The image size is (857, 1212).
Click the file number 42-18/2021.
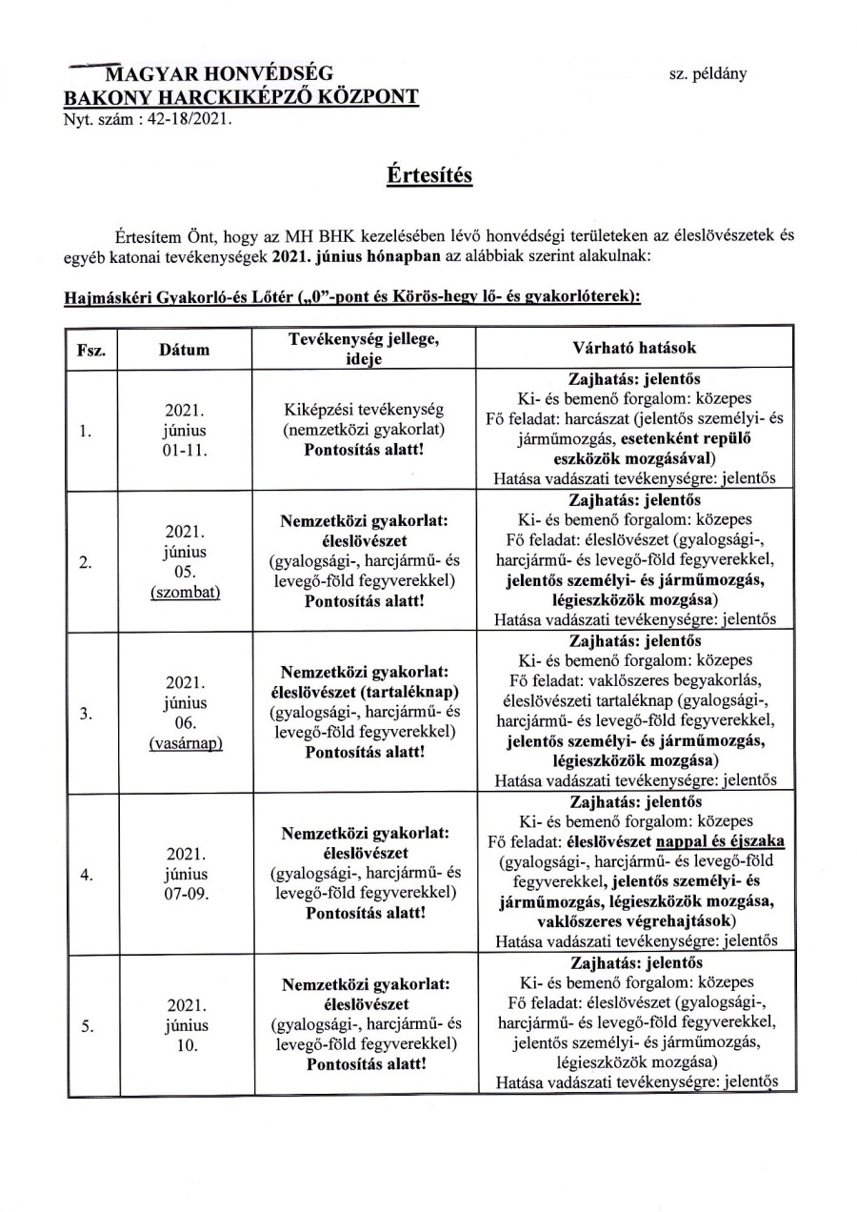[x=184, y=120]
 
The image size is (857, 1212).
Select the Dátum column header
[x=186, y=350]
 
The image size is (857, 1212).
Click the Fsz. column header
[x=90, y=350]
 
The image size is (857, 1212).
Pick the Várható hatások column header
[x=635, y=350]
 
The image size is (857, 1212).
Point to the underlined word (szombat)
[x=186, y=592]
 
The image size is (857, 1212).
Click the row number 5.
[x=86, y=1026]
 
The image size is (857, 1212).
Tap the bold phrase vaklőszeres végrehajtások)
[x=635, y=921]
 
